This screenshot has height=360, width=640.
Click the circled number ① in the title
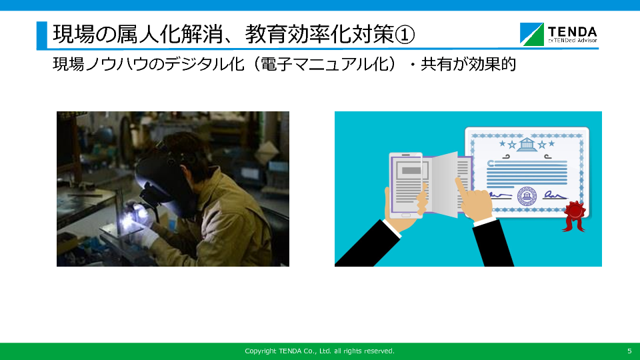(405, 34)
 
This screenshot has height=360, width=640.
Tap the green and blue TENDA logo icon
(531, 34)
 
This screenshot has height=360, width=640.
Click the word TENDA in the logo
(572, 32)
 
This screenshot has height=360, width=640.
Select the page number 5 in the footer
(629, 351)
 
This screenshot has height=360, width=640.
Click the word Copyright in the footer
(261, 351)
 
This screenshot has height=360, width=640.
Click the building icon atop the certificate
(527, 144)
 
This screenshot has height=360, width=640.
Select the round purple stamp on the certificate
(527, 196)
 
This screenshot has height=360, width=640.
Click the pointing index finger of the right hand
(462, 188)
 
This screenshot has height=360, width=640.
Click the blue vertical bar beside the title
(41, 35)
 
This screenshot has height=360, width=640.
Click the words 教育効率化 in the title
(299, 34)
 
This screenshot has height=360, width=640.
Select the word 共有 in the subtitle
(436, 64)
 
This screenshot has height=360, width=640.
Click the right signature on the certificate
(555, 195)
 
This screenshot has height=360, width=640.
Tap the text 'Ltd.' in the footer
(325, 351)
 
